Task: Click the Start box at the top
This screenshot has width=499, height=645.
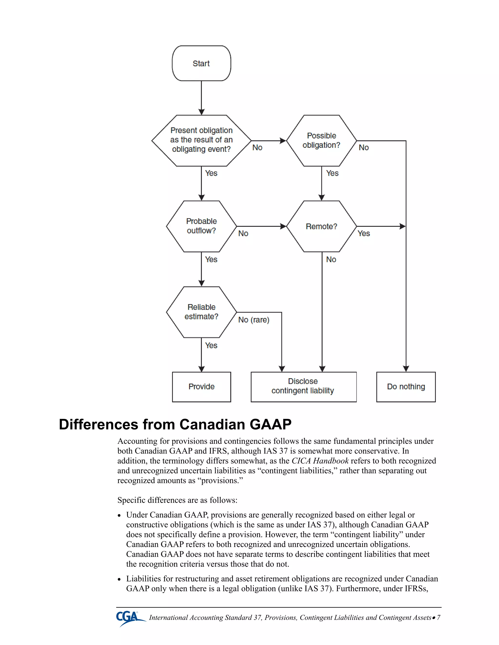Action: [x=201, y=63]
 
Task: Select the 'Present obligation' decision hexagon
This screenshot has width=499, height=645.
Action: [x=201, y=140]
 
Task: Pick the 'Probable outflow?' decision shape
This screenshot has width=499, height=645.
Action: [x=201, y=226]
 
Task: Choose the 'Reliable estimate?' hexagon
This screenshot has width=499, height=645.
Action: [x=201, y=312]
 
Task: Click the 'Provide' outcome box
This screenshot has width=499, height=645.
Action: [x=201, y=387]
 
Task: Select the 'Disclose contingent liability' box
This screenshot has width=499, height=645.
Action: [x=303, y=387]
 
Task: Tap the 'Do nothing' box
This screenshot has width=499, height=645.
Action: [x=406, y=387]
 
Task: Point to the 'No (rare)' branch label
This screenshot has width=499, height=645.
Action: [x=254, y=320]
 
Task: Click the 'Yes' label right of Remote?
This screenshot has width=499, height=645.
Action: [x=364, y=234]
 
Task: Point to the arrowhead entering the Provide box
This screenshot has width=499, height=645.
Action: [x=201, y=369]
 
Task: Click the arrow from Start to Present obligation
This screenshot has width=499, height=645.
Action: [x=201, y=97]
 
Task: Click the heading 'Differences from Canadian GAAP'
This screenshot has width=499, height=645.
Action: [x=175, y=424]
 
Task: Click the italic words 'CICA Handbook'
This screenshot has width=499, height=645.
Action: [x=320, y=461]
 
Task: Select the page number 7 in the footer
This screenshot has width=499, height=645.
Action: [x=439, y=617]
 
